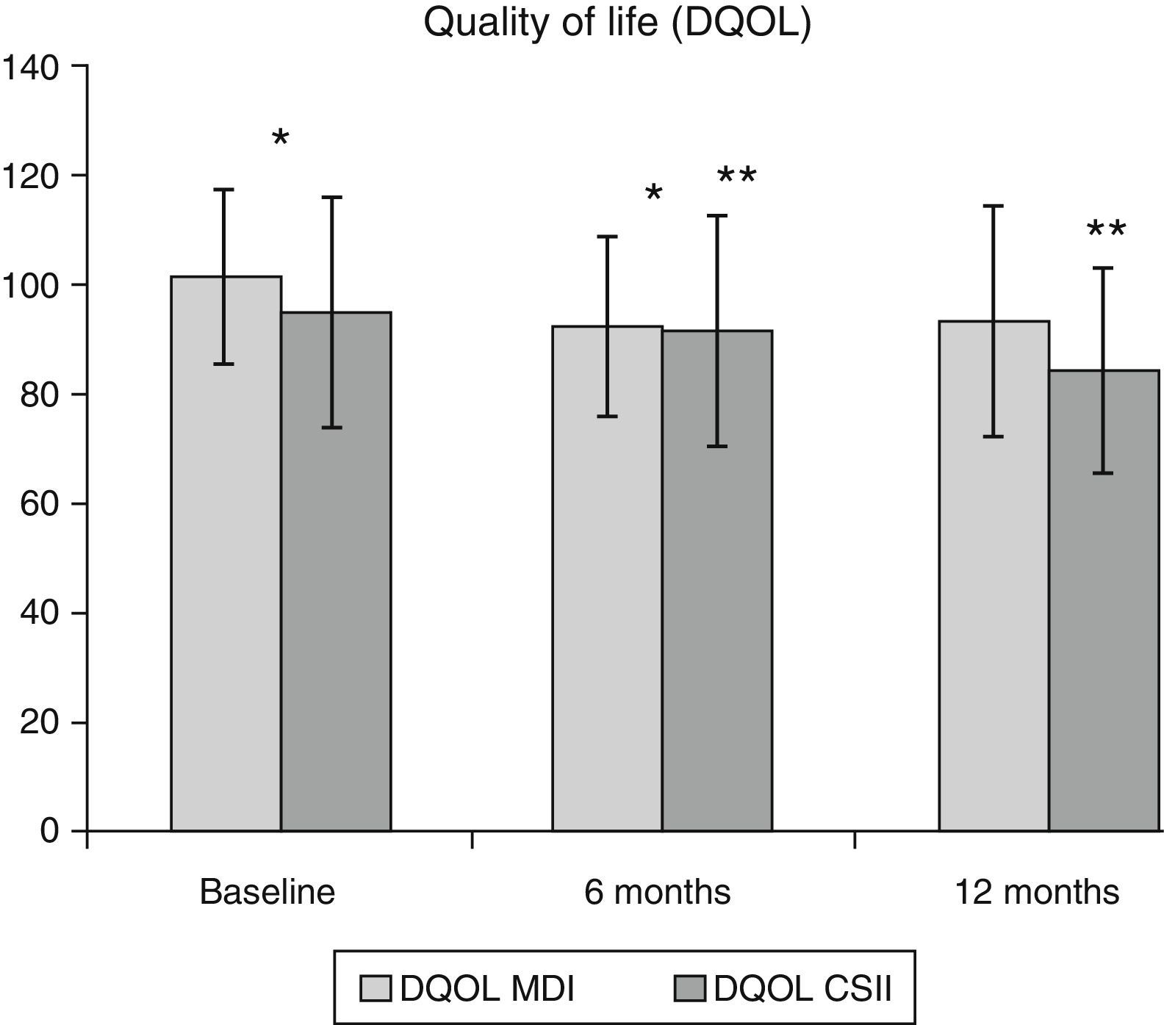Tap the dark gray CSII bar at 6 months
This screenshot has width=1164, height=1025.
(x=717, y=588)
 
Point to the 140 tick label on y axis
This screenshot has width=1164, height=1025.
(x=31, y=68)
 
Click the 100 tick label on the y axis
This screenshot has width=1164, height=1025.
(x=31, y=285)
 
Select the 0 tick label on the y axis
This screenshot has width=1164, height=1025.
(x=49, y=831)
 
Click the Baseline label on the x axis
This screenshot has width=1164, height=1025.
(x=267, y=892)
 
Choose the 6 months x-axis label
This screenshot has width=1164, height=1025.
(x=658, y=892)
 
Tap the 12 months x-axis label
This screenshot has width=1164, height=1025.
(x=1037, y=892)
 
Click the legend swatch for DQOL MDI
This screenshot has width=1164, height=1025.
(x=376, y=989)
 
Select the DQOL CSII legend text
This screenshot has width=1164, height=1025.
(x=802, y=989)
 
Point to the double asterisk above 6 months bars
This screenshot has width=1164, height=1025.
(x=736, y=177)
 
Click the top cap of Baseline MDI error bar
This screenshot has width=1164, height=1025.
(x=223, y=190)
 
